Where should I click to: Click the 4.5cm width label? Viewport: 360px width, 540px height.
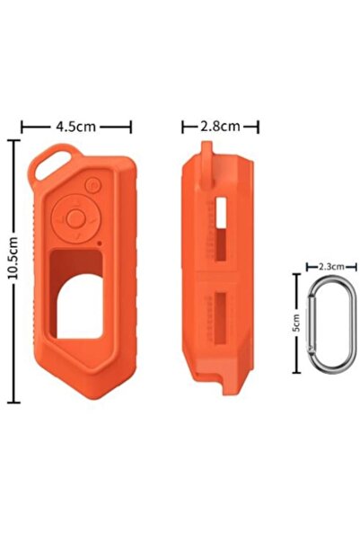(76, 127)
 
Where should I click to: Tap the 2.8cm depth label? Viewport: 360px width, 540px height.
(219, 127)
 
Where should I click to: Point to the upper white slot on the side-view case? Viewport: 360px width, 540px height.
(221, 212)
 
